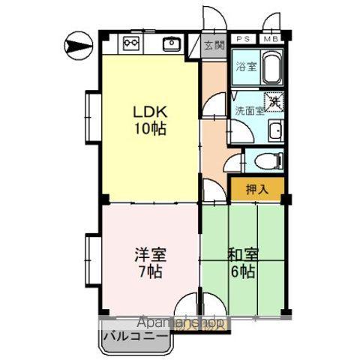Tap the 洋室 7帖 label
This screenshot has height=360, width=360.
pyautogui.click(x=148, y=262)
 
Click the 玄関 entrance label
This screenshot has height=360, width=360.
pyautogui.click(x=213, y=45)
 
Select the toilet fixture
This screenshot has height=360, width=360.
pyautogui.click(x=267, y=159)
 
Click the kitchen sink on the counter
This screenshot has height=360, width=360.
pyautogui.click(x=170, y=43)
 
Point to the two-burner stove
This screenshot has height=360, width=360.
pyautogui.click(x=132, y=43)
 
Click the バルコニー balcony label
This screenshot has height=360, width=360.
pyautogui.click(x=135, y=335)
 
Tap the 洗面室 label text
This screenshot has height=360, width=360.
pyautogui.click(x=249, y=110)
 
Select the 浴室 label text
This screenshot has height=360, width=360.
pyautogui.click(x=245, y=66)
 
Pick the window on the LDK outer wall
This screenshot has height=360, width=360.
pyautogui.click(x=91, y=119)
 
